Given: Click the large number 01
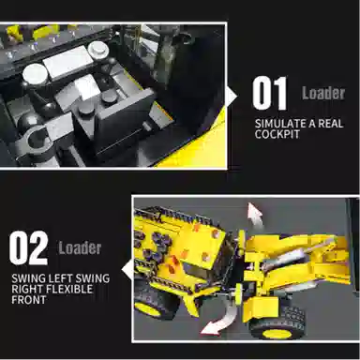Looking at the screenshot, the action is pyautogui.click(x=270, y=94).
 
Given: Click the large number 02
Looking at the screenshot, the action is pyautogui.click(x=28, y=247).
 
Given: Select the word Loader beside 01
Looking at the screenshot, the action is pyautogui.click(x=323, y=93).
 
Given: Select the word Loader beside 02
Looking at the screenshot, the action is pyautogui.click(x=80, y=247).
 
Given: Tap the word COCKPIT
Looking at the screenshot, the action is pyautogui.click(x=277, y=134).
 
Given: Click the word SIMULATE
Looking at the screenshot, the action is pyautogui.click(x=280, y=123).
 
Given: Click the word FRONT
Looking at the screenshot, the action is pyautogui.click(x=29, y=300).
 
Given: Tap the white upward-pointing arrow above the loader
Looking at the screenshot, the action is pyautogui.click(x=255, y=214).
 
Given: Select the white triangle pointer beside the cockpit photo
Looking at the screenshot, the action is pyautogui.click(x=232, y=97).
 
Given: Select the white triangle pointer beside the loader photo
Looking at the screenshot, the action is pyautogui.click(x=127, y=271).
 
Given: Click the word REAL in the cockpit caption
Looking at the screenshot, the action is pyautogui.click(x=331, y=123).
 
